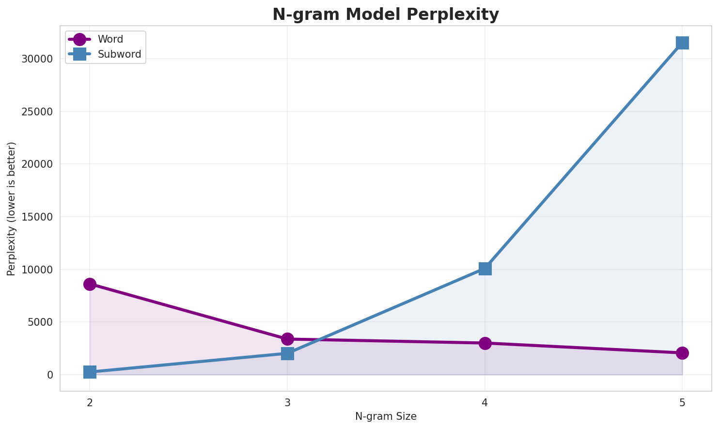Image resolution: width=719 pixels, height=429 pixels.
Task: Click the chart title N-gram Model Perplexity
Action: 385,15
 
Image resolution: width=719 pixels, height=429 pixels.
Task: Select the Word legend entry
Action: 110,39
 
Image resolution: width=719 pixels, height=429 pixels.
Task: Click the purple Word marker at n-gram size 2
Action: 90,284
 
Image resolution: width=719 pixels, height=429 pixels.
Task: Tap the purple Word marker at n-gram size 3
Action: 287,339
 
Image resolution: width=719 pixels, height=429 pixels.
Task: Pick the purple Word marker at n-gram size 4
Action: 485,343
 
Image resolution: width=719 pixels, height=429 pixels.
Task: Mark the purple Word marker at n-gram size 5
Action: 682,353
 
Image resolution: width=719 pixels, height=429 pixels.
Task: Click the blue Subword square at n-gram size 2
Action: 90,372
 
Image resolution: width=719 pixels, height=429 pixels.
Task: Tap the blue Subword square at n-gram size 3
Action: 287,353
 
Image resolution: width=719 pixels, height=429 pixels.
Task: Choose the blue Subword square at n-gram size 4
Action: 485,269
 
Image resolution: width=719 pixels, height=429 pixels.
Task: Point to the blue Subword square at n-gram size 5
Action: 682,43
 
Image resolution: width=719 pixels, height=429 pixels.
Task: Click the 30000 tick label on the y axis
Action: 37,59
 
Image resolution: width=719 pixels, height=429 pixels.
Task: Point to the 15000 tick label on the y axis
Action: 37,217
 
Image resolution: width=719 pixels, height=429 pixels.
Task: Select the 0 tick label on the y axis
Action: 50,375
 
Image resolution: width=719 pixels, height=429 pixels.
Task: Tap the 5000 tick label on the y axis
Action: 40,322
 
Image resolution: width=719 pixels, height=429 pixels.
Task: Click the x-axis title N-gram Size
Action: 386,416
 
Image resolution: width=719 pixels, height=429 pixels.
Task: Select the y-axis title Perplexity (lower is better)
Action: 12,208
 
